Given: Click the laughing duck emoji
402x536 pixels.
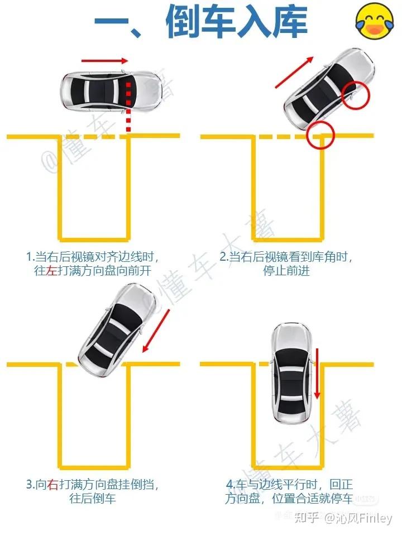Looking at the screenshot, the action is pyautogui.click(x=375, y=21).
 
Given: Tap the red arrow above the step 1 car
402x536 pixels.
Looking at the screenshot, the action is pyautogui.click(x=104, y=61).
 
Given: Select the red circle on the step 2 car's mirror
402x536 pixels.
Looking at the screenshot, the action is pyautogui.click(x=356, y=95).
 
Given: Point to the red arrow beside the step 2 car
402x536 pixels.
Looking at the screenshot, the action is pyautogui.click(x=294, y=73).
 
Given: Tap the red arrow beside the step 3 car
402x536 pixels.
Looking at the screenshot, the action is pyautogui.click(x=156, y=331).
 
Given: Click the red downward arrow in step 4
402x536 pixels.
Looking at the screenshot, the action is pyautogui.click(x=317, y=374).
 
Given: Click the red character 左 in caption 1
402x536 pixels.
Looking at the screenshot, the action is pyautogui.click(x=51, y=271).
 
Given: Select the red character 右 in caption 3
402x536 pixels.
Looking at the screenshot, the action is pyautogui.click(x=53, y=485).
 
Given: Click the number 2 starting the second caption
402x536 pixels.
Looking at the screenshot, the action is pyautogui.click(x=223, y=257).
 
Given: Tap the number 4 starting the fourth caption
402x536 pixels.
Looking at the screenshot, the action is pyautogui.click(x=229, y=485).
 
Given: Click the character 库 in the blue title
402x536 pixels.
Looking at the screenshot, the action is pyautogui.click(x=290, y=22).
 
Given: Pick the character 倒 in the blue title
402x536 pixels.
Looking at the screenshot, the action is pyautogui.click(x=183, y=22).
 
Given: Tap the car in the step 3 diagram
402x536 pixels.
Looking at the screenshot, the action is pyautogui.click(x=116, y=330).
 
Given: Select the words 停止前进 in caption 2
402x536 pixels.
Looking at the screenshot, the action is pyautogui.click(x=286, y=271).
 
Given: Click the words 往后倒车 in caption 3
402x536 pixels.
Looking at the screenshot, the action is pyautogui.click(x=93, y=499).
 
